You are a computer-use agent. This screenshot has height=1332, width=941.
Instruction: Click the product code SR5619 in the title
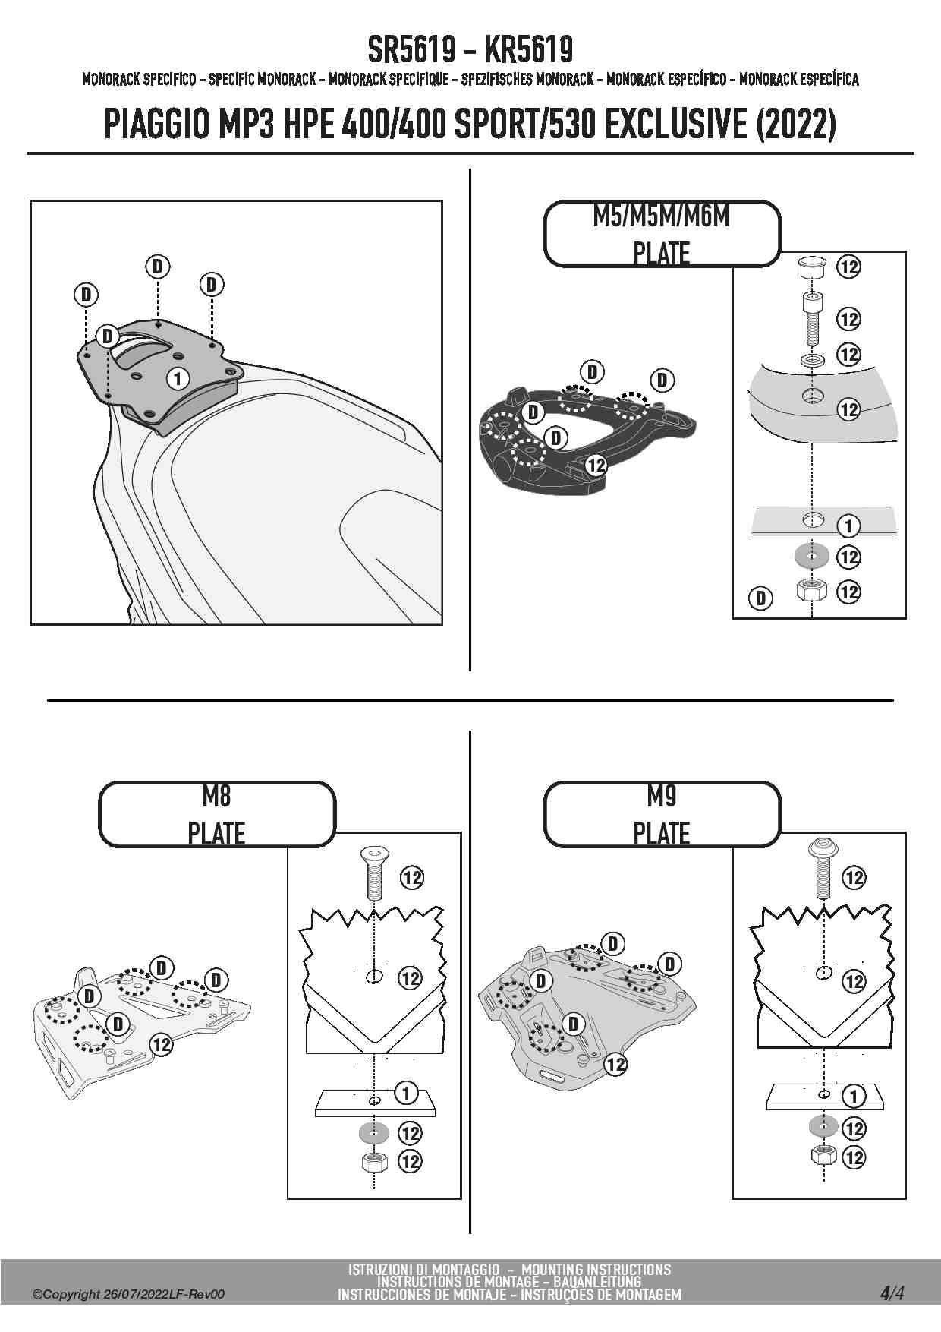(x=411, y=50)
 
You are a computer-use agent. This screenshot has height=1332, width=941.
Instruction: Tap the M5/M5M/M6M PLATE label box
(x=662, y=234)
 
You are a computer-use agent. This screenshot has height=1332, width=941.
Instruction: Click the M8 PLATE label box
(x=216, y=814)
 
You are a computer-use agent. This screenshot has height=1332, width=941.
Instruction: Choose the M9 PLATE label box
(x=662, y=814)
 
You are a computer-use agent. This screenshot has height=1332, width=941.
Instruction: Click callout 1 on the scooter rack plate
(x=178, y=377)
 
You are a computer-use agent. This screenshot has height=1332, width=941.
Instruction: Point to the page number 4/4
(x=892, y=1293)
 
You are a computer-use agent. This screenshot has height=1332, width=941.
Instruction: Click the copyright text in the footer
(x=129, y=1294)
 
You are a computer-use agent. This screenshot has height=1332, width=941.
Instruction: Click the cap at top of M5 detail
(x=811, y=268)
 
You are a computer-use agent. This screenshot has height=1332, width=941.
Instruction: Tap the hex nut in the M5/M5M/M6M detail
(x=811, y=590)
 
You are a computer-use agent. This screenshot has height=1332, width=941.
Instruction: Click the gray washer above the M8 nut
(x=373, y=1133)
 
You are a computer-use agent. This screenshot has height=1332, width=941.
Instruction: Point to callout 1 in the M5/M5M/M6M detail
(x=848, y=526)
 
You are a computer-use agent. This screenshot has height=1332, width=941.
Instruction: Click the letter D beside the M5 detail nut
(x=760, y=598)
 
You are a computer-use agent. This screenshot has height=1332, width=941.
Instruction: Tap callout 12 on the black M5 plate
(x=596, y=465)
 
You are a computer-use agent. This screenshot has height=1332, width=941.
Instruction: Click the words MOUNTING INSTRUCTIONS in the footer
(x=596, y=1269)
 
